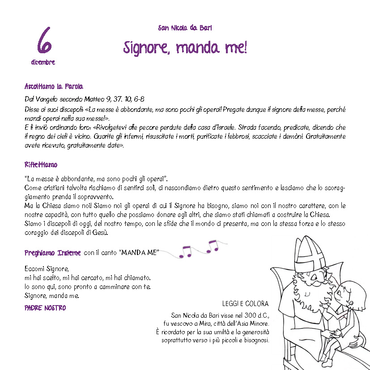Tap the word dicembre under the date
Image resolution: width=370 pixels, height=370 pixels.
coord(43,63)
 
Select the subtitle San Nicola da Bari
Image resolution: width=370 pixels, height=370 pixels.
coord(185,28)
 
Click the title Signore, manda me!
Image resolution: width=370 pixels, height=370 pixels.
coord(185,47)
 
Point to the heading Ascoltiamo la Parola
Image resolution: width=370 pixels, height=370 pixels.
coord(54,86)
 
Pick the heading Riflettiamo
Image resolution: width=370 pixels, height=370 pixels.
coord(41,165)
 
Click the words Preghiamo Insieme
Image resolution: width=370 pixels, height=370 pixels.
coord(53,253)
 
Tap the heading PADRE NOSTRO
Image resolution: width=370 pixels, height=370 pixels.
coord(45,308)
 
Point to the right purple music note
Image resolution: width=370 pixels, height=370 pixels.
coord(212,246)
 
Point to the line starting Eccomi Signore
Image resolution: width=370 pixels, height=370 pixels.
coord(47,269)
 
